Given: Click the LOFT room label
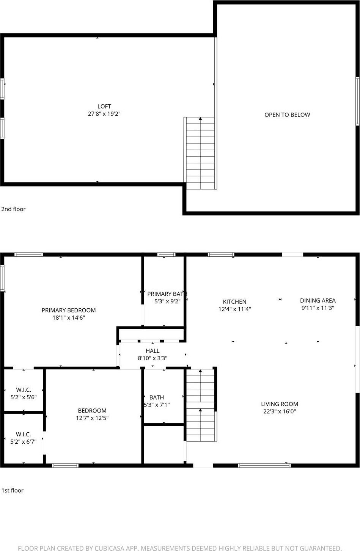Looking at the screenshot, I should pyautogui.click(x=104, y=107).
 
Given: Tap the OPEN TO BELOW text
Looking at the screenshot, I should pyautogui.click(x=287, y=115).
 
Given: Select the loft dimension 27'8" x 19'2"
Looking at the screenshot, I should pyautogui.click(x=104, y=114).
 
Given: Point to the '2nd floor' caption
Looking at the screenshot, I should pyautogui.click(x=14, y=209).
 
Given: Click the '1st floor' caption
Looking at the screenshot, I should pyautogui.click(x=13, y=490).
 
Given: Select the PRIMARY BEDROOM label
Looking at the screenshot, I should pyautogui.click(x=69, y=310).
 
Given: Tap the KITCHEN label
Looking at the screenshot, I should pyautogui.click(x=234, y=302).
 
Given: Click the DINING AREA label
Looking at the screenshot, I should pyautogui.click(x=318, y=301).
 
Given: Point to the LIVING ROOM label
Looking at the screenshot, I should pyautogui.click(x=280, y=404).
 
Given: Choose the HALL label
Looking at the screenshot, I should pyautogui.click(x=152, y=351).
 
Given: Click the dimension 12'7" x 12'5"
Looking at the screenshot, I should pyautogui.click(x=92, y=418).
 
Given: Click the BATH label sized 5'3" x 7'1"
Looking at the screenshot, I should pyautogui.click(x=157, y=397).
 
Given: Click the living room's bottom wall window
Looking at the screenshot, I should pyautogui.click(x=264, y=465).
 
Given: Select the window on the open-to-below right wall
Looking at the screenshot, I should pyautogui.click(x=357, y=101).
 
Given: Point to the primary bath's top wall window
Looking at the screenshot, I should pyautogui.click(x=166, y=254).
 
